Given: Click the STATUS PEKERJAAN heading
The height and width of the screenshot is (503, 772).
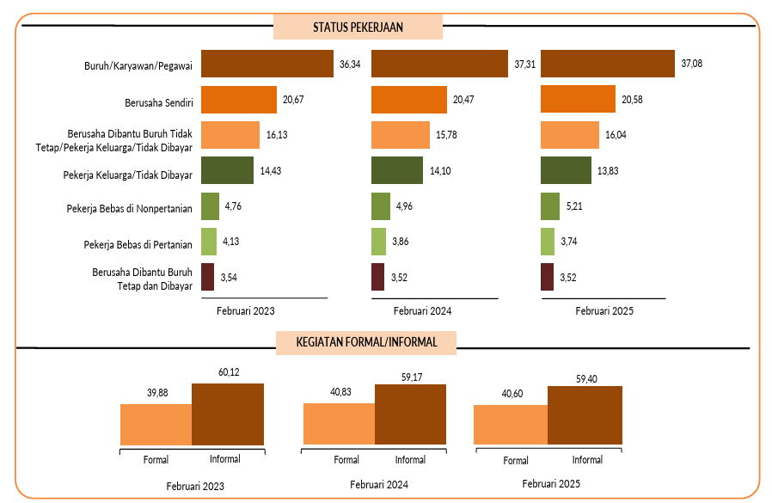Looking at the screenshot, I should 358,27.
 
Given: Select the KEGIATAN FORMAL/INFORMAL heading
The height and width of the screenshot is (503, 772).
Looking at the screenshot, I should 366,342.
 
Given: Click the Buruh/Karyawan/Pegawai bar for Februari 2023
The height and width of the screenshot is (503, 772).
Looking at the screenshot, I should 267,64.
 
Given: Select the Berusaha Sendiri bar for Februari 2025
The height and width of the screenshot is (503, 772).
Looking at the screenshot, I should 578,100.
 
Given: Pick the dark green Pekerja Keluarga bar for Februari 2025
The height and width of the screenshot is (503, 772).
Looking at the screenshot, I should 566,171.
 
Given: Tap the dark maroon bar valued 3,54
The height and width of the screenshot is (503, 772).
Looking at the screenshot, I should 206,278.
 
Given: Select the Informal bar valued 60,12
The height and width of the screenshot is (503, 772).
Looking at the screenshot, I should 227,414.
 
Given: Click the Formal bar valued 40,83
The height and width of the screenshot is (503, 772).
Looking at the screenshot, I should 340,424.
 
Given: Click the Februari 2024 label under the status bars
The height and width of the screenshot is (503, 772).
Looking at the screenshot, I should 423,311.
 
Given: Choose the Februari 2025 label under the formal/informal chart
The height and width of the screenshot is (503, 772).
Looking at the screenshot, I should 551,484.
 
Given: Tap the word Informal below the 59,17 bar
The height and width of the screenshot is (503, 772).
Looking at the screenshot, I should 410,460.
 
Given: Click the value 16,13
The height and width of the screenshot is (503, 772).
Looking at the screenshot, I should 277,136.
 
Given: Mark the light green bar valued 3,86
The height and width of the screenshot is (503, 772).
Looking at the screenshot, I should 378,242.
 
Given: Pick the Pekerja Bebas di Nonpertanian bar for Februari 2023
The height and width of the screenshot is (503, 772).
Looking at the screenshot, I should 209,207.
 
